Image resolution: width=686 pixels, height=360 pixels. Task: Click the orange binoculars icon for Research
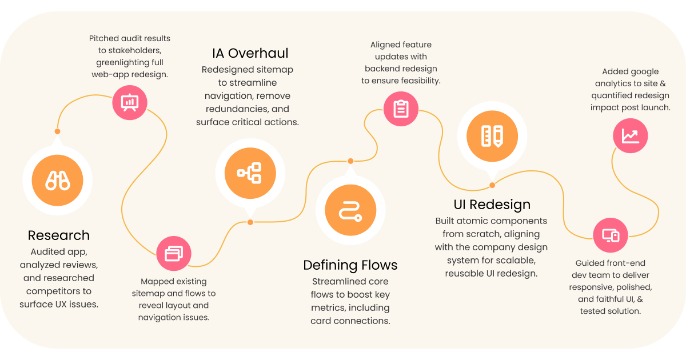pos(57,181)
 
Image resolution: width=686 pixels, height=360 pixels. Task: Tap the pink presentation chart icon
pos(130,102)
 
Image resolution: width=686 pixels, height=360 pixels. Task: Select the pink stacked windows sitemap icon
pos(174,253)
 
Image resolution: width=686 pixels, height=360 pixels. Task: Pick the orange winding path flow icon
pos(350,210)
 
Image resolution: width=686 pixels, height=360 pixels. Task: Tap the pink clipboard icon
pos(401,108)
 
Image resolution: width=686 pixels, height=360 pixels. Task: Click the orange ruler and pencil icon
pos(492,136)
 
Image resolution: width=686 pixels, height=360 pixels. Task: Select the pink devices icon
pos(611,235)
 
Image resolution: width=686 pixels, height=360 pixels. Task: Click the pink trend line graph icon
pos(631,135)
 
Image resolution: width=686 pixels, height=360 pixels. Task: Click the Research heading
pos(59,235)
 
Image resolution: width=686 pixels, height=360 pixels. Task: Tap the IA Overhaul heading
pos(250,54)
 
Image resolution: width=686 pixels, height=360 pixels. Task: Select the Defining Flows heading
pos(350,265)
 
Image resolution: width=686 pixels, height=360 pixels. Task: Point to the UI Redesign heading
pos(492,205)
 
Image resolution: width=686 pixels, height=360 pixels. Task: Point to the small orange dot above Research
pos(57,131)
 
